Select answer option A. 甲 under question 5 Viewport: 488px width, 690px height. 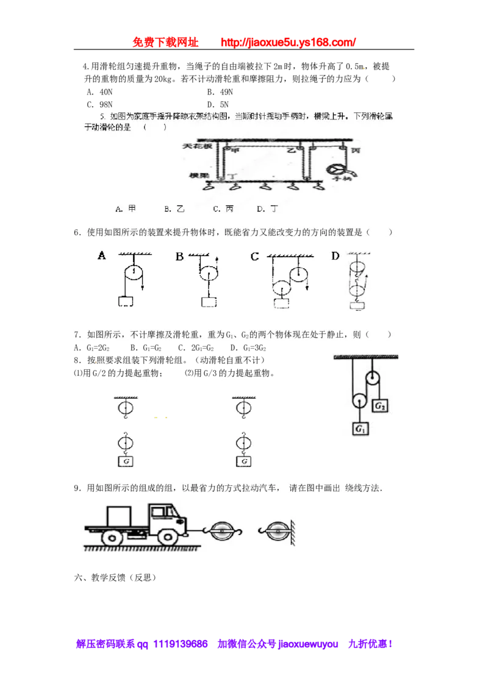124,208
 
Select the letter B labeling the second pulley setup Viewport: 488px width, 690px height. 179,257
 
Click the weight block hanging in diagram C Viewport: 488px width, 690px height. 282,304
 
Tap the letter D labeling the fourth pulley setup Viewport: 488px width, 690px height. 335,256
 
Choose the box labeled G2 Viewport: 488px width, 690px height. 381,405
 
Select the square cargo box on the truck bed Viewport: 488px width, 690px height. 120,515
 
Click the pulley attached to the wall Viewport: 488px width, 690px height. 276,532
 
